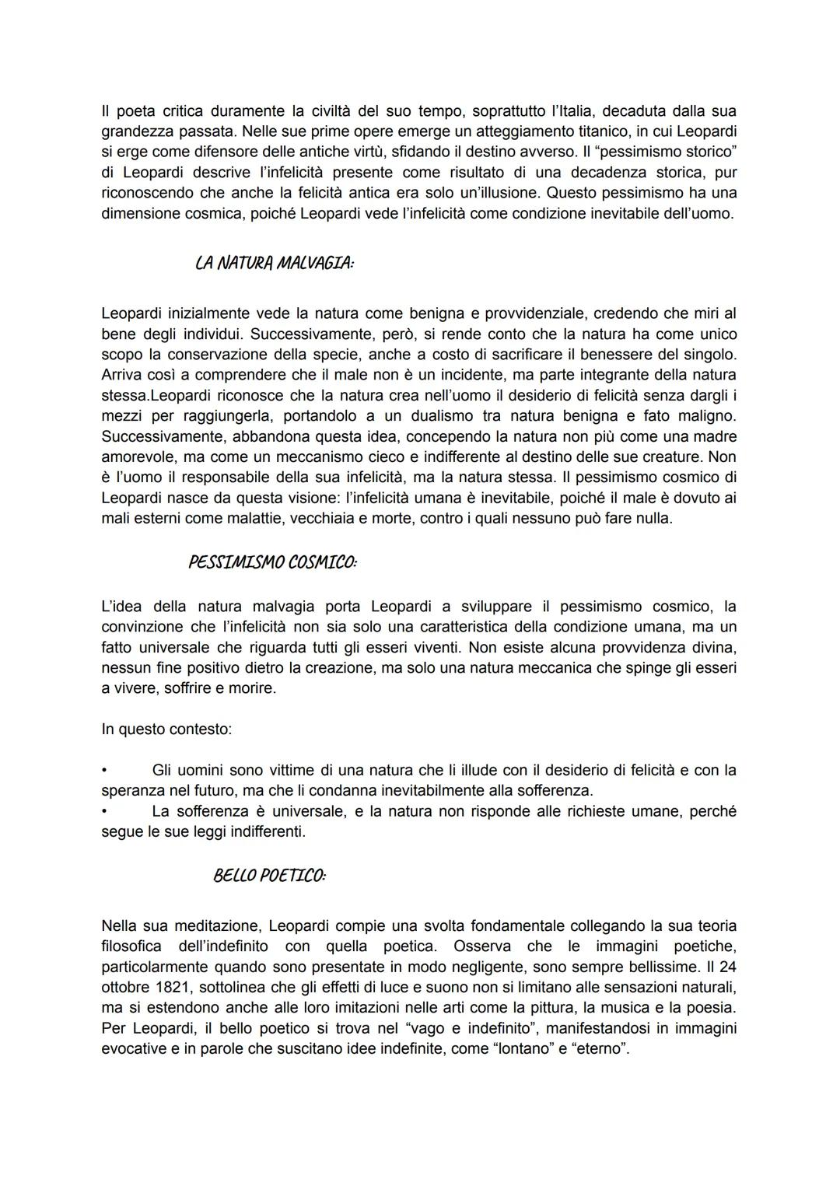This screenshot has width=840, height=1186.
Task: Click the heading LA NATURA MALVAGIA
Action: (274, 264)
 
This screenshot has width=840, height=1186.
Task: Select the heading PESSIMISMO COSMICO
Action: (272, 562)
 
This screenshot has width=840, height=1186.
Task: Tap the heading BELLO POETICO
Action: (269, 876)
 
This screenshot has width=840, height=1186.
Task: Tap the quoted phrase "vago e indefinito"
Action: (443, 1027)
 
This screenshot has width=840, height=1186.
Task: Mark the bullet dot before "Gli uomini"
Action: (104, 770)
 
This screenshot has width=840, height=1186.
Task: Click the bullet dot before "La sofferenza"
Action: (104, 811)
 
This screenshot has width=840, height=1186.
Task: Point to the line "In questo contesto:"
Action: (166, 729)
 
